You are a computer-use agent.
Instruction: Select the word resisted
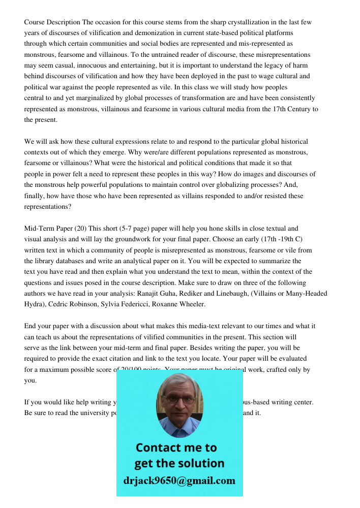273,196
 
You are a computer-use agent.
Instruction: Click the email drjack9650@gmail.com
179,481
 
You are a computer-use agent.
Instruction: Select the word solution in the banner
201,463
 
